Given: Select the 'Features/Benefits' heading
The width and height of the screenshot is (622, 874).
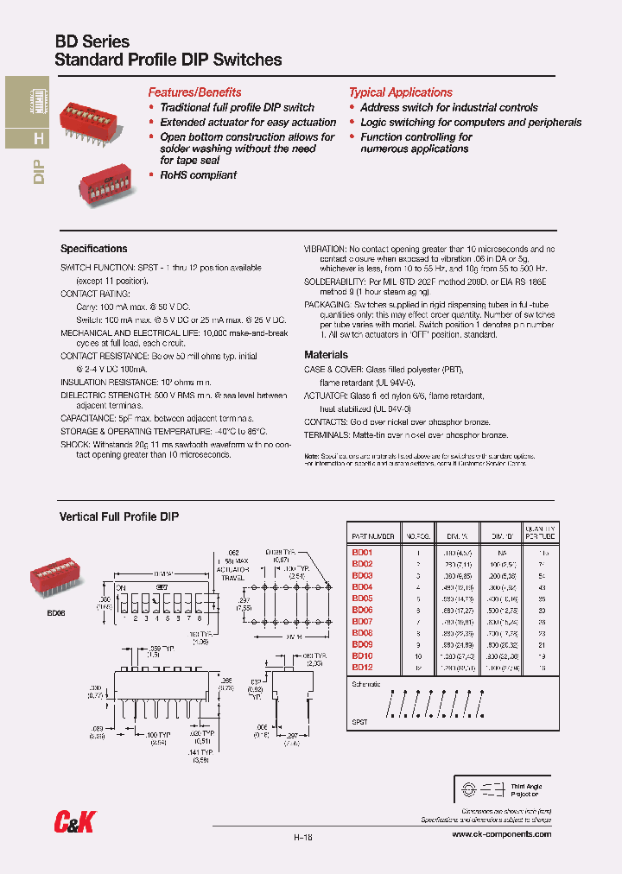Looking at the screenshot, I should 194,92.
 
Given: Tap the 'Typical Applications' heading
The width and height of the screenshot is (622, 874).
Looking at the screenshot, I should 400,92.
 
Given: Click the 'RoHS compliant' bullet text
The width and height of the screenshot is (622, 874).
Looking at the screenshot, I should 198,175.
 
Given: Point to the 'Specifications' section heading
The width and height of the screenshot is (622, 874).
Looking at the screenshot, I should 94,249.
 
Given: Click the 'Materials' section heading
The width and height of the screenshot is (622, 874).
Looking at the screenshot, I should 327,355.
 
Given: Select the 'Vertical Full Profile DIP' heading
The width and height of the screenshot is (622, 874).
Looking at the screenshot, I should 118,516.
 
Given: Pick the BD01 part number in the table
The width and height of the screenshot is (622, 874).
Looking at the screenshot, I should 362,552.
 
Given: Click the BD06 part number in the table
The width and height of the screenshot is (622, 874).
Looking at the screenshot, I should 362,610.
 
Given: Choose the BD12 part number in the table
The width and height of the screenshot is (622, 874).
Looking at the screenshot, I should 362,667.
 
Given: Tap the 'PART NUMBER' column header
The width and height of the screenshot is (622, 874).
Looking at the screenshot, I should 373,536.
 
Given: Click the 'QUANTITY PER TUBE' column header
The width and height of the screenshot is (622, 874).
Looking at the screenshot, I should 540,532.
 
